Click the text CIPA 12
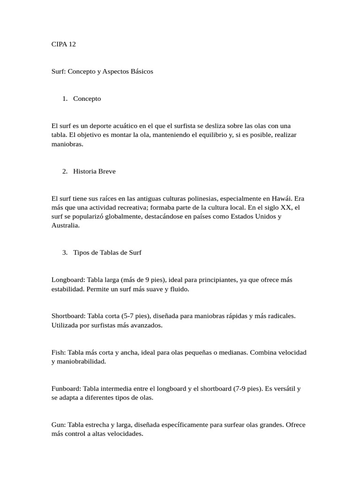coord(63,44)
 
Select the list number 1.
coord(64,98)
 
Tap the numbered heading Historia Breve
coord(94,171)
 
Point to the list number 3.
coord(64,252)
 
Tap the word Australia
coord(66,225)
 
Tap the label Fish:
coord(59,352)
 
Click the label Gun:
coord(59,425)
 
